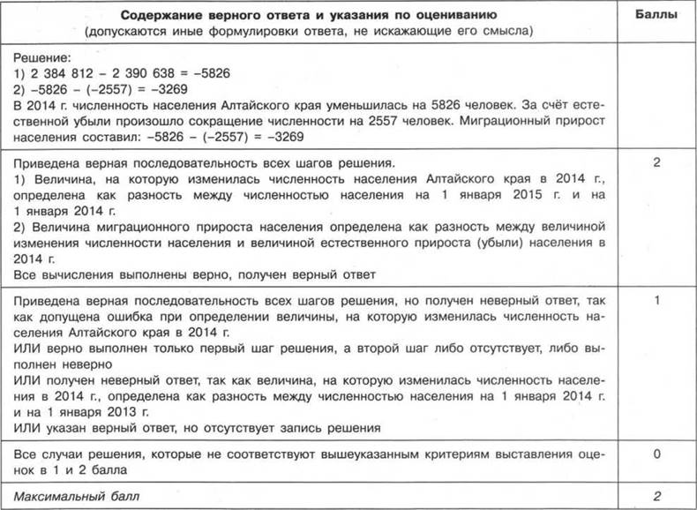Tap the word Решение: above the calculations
coord(41,56)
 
